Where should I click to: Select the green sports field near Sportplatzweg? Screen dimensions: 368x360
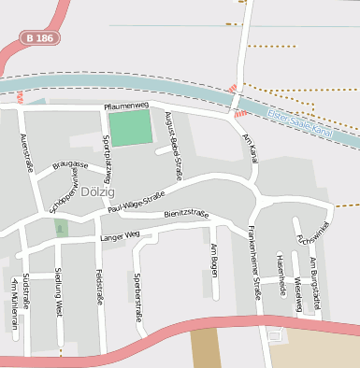(129, 127)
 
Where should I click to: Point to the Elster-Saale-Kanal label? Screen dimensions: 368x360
(299, 121)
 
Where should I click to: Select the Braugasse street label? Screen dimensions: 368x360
(71, 164)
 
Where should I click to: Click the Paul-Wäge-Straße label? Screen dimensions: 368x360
(137, 201)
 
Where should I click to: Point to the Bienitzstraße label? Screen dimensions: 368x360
(185, 214)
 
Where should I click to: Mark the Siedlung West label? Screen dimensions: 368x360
(59, 292)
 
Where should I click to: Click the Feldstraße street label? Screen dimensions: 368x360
(98, 287)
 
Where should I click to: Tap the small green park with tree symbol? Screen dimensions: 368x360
(62, 228)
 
